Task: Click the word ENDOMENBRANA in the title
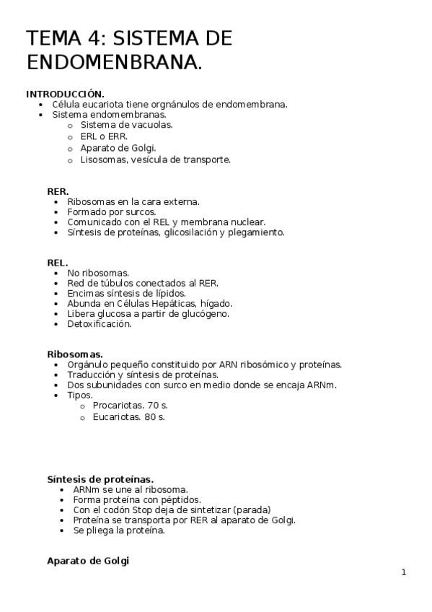click(114, 62)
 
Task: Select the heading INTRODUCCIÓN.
click(65, 94)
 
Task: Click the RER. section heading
click(58, 191)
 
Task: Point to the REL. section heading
click(57, 263)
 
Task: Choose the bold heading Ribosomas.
click(74, 354)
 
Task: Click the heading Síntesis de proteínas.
click(100, 478)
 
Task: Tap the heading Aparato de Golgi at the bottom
click(87, 560)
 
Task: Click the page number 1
click(404, 572)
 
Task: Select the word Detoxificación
click(99, 324)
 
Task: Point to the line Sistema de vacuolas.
click(126, 124)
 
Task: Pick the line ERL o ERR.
click(104, 136)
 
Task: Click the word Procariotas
click(115, 406)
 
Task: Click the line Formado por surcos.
click(111, 212)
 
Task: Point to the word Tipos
click(79, 395)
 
